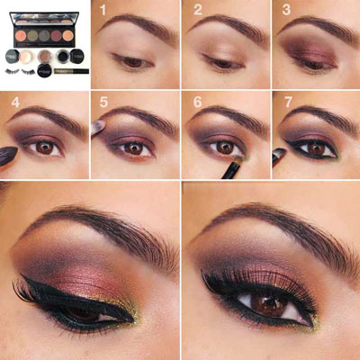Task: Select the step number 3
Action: pyautogui.click(x=285, y=11)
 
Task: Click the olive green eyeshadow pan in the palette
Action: pyautogui.click(x=39, y=36)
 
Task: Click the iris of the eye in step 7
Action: pyautogui.click(x=315, y=147)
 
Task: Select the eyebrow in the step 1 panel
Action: pyautogui.click(x=135, y=25)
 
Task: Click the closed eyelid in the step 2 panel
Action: pyautogui.click(x=220, y=56)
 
